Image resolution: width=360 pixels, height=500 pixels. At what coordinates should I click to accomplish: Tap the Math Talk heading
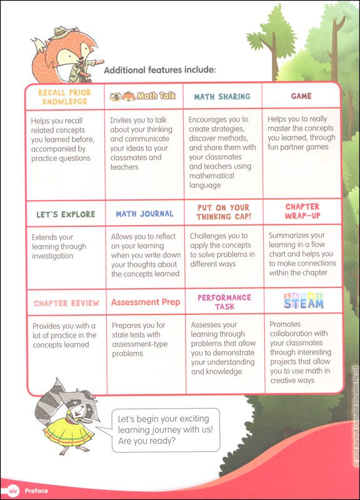click(x=142, y=96)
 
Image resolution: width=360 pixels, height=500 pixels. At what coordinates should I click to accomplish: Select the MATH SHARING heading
click(x=222, y=97)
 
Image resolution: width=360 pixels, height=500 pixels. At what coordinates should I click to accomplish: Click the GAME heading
click(x=301, y=96)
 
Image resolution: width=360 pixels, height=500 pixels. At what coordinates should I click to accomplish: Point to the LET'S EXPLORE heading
click(x=66, y=214)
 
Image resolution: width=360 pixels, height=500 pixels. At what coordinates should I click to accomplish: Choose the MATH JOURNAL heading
click(x=144, y=214)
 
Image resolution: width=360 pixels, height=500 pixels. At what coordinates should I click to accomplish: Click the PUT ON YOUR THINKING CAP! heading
click(x=222, y=212)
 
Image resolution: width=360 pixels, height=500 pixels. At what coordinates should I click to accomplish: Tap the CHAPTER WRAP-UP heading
click(x=302, y=211)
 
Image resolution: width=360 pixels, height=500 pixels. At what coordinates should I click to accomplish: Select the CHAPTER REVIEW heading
click(x=66, y=303)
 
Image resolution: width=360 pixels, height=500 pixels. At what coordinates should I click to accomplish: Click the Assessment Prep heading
click(x=146, y=302)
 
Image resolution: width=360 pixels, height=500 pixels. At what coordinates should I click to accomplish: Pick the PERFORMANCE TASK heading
click(x=224, y=302)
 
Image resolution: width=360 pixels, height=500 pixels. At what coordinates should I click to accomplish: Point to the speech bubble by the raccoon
click(x=164, y=429)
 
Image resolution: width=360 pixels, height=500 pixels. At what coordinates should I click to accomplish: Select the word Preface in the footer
click(x=36, y=491)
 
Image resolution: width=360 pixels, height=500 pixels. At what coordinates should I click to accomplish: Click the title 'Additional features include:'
click(x=159, y=70)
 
